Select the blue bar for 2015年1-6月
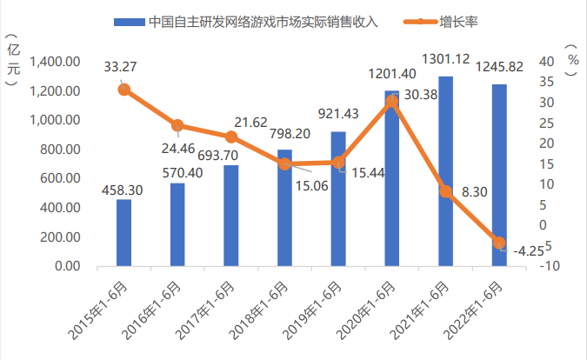click(x=124, y=233)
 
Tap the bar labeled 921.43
click(x=338, y=199)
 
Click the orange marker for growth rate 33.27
click(x=124, y=90)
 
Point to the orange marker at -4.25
click(x=499, y=243)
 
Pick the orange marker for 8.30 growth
click(x=446, y=191)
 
